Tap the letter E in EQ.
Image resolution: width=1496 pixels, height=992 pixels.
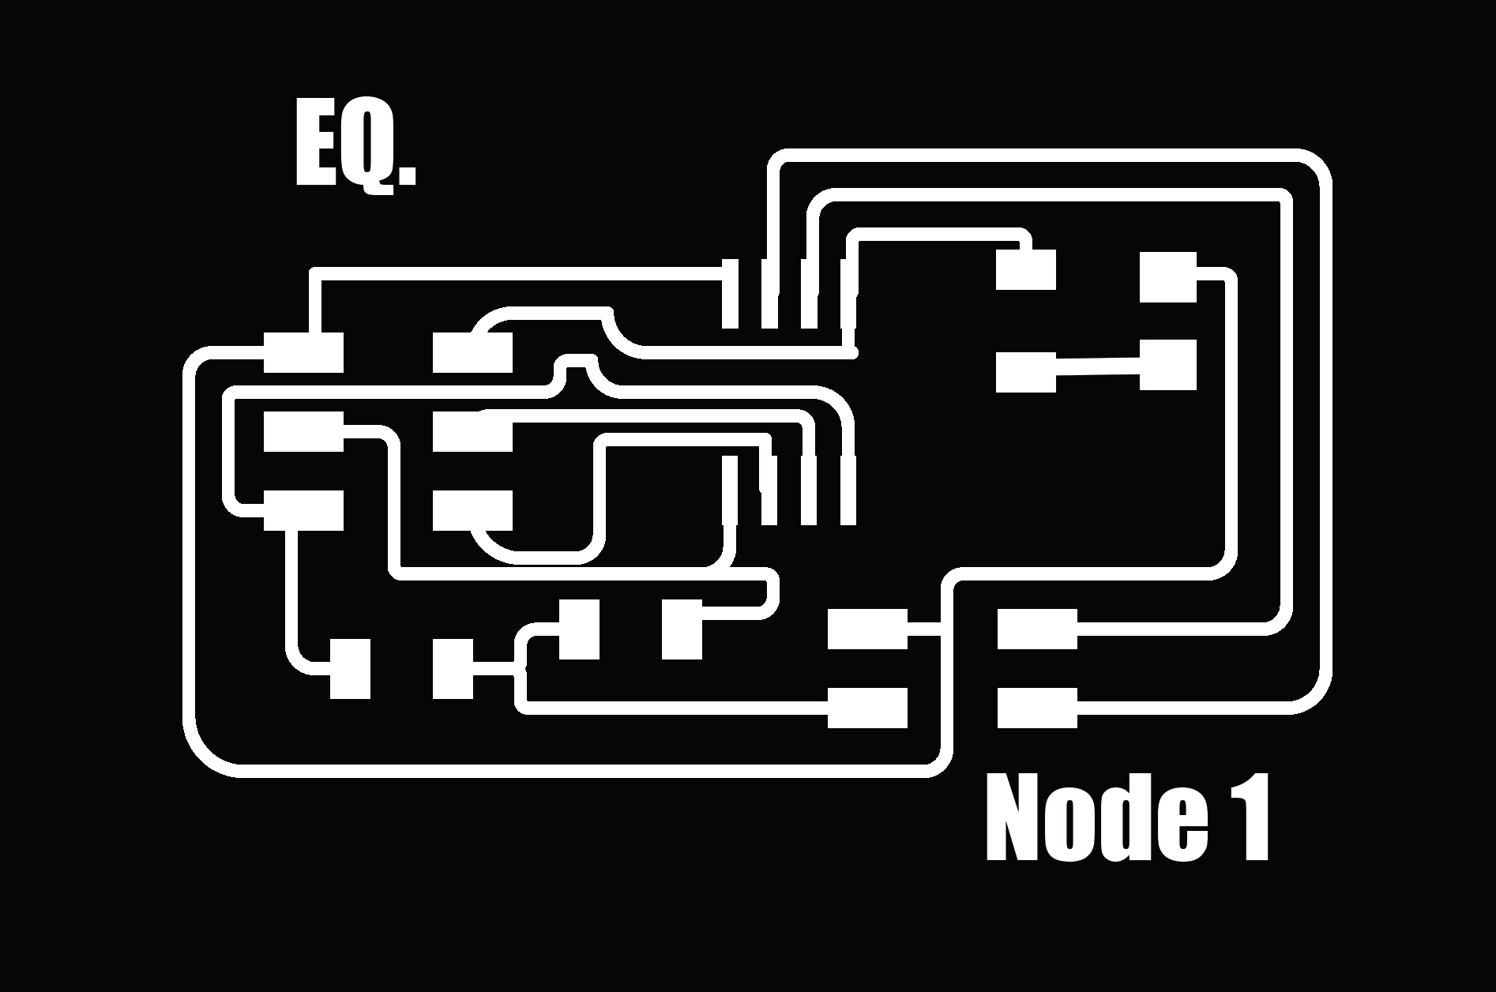coord(315,144)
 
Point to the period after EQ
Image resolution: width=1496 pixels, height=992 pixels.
coord(408,176)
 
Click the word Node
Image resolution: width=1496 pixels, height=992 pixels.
coord(1098,819)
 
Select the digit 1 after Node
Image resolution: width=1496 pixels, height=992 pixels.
coord(1247,818)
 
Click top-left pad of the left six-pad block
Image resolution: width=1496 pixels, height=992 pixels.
coord(303,352)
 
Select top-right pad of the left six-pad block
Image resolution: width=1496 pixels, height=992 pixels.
coord(472,352)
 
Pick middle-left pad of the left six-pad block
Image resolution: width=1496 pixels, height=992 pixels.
coord(303,431)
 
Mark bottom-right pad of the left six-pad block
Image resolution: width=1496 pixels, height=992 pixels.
coord(472,510)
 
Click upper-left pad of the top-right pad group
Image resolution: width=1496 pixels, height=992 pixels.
coord(1025,270)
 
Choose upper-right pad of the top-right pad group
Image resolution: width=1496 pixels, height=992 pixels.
coord(1168,277)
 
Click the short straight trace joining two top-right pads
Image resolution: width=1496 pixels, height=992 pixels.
coord(1098,366)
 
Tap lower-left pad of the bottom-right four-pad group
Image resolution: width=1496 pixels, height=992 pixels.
coord(867,708)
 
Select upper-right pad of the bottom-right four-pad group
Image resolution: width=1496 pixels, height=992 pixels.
coord(1037,629)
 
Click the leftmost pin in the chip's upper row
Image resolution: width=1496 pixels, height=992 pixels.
coord(730,294)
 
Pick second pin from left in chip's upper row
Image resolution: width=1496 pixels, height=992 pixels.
coord(769,294)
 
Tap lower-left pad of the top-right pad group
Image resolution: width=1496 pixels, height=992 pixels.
coord(1025,372)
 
